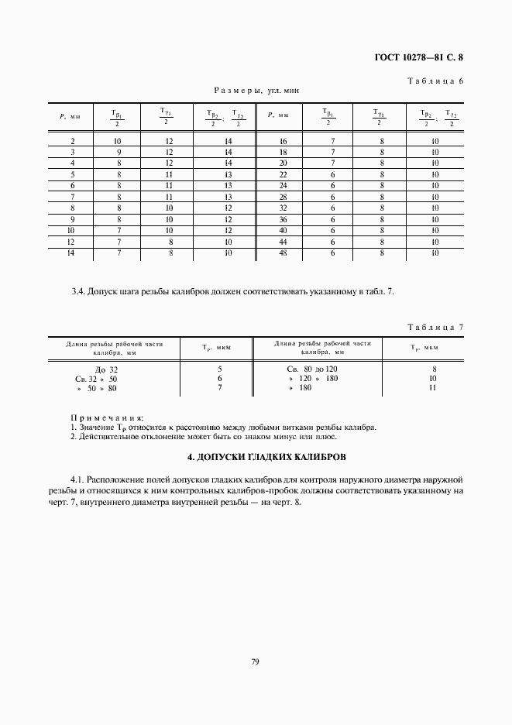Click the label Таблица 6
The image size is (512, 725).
click(x=435, y=80)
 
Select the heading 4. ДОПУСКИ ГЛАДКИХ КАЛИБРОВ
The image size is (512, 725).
click(x=256, y=455)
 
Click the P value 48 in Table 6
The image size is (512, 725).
click(x=283, y=253)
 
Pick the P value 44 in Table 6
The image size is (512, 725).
click(x=283, y=242)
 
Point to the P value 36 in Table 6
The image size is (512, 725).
click(x=283, y=219)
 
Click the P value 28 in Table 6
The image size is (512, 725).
click(x=283, y=197)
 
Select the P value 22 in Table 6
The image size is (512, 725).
click(x=283, y=174)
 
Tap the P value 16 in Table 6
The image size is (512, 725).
click(x=283, y=141)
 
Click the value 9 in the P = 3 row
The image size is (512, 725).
click(x=118, y=153)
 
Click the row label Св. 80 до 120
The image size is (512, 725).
click(x=312, y=369)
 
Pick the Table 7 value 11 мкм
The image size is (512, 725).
click(x=435, y=387)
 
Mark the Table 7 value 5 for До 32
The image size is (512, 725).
click(x=221, y=369)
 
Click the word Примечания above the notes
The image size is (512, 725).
click(x=107, y=417)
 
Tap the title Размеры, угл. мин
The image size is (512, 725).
click(x=256, y=91)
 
